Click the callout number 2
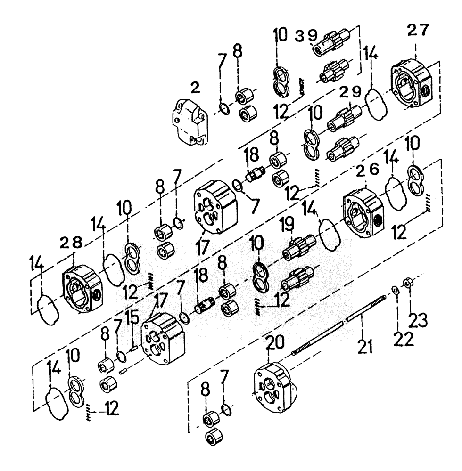click(x=195, y=88)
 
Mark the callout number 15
click(x=133, y=317)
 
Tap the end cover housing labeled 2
click(x=189, y=121)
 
